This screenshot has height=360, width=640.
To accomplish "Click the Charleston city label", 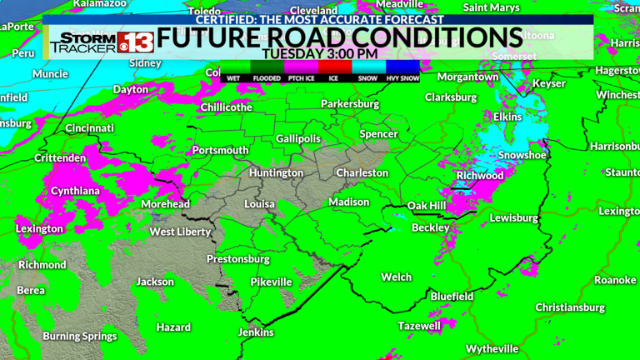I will coord(362,173).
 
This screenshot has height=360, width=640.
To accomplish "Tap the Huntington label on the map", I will coord(276,173).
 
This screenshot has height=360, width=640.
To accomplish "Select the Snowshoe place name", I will coord(522,156).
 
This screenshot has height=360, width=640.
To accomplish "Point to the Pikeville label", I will coord(272,282).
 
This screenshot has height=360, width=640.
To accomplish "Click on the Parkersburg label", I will coord(351,105).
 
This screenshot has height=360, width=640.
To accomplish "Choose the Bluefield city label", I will coord(452,297).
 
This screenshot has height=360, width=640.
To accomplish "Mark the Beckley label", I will coord(431,227).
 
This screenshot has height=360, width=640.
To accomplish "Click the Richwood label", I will coord(480,177).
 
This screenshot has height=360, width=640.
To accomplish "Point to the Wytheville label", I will coord(492,347).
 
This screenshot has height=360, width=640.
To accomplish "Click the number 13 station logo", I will coord(136,42).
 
